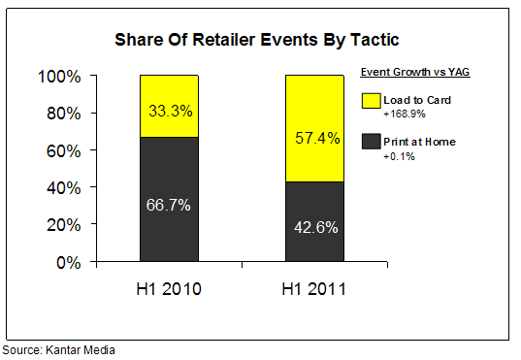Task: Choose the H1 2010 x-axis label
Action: pyautogui.click(x=169, y=290)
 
